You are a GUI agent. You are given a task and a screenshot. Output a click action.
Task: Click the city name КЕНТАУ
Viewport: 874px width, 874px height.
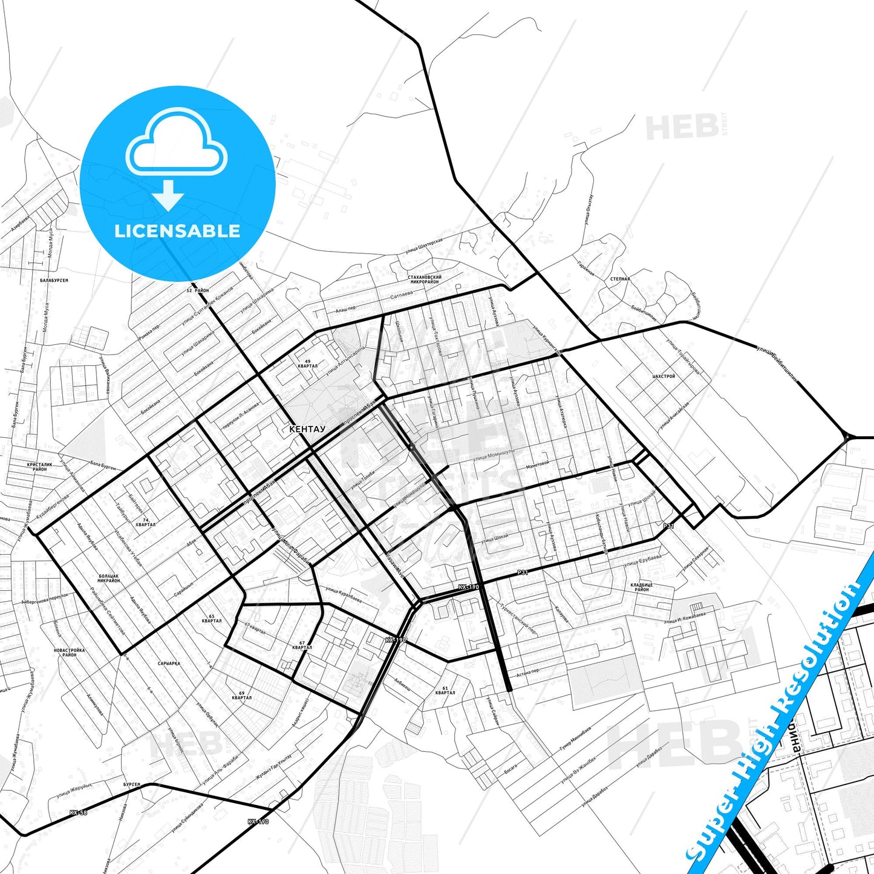(x=307, y=429)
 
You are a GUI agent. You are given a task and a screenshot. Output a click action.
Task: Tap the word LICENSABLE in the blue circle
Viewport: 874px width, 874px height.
(x=177, y=231)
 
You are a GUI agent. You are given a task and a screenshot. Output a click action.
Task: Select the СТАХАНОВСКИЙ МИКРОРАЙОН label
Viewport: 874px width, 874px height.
(x=425, y=279)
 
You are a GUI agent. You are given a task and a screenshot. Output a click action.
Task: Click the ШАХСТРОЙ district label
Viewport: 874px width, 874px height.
(x=664, y=376)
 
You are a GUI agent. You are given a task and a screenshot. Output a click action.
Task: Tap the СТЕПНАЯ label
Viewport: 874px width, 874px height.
(x=620, y=279)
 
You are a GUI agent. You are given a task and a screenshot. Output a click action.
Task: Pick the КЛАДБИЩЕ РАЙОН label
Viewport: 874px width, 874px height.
(x=641, y=587)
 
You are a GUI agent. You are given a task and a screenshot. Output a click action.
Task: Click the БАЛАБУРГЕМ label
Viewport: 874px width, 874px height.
(x=54, y=281)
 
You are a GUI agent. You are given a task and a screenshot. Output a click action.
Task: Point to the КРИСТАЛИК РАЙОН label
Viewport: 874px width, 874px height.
(x=40, y=467)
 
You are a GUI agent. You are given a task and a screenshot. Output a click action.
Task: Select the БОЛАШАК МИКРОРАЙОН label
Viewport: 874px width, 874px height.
(x=109, y=578)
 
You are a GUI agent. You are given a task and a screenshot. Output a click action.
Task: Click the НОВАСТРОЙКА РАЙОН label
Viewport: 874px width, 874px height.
(x=69, y=652)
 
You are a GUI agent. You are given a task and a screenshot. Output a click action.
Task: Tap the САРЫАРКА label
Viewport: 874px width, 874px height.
(x=169, y=663)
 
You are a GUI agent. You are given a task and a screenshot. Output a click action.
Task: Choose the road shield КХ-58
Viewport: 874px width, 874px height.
(x=78, y=812)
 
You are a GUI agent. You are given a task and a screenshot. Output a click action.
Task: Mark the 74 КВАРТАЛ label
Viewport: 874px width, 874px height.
(x=145, y=522)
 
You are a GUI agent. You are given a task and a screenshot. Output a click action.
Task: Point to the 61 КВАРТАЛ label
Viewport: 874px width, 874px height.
(x=445, y=690)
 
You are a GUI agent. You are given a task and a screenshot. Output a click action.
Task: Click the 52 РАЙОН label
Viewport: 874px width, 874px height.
(x=197, y=290)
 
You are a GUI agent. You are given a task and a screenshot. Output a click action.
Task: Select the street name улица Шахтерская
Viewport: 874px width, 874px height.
(x=423, y=246)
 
